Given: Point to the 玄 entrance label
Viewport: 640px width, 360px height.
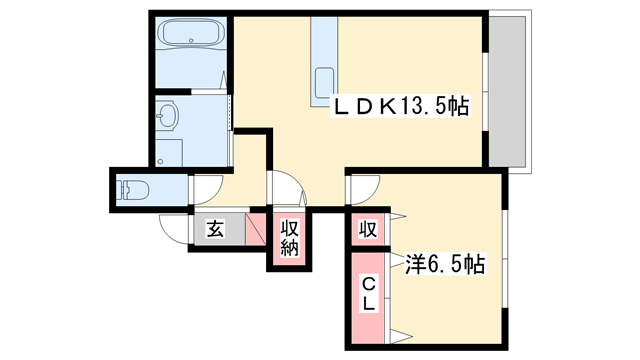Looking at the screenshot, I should pos(215,229).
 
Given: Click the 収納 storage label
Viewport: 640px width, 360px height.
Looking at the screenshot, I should pos(289,238).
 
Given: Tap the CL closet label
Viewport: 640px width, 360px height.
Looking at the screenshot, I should pos(367,293).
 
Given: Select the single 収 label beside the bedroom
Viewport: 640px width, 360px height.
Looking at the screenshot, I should pos(367,229).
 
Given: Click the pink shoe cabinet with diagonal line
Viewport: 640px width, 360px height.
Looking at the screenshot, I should pos(255,231).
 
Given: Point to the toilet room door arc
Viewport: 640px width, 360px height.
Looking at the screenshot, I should pos(207,184).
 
